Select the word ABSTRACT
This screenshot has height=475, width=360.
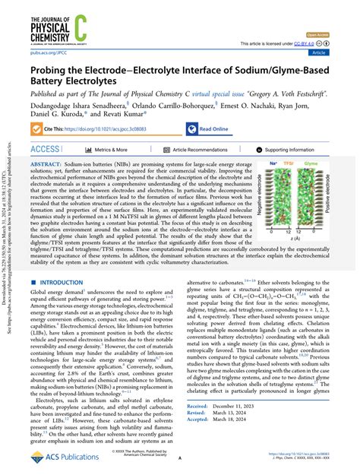(50, 163)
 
